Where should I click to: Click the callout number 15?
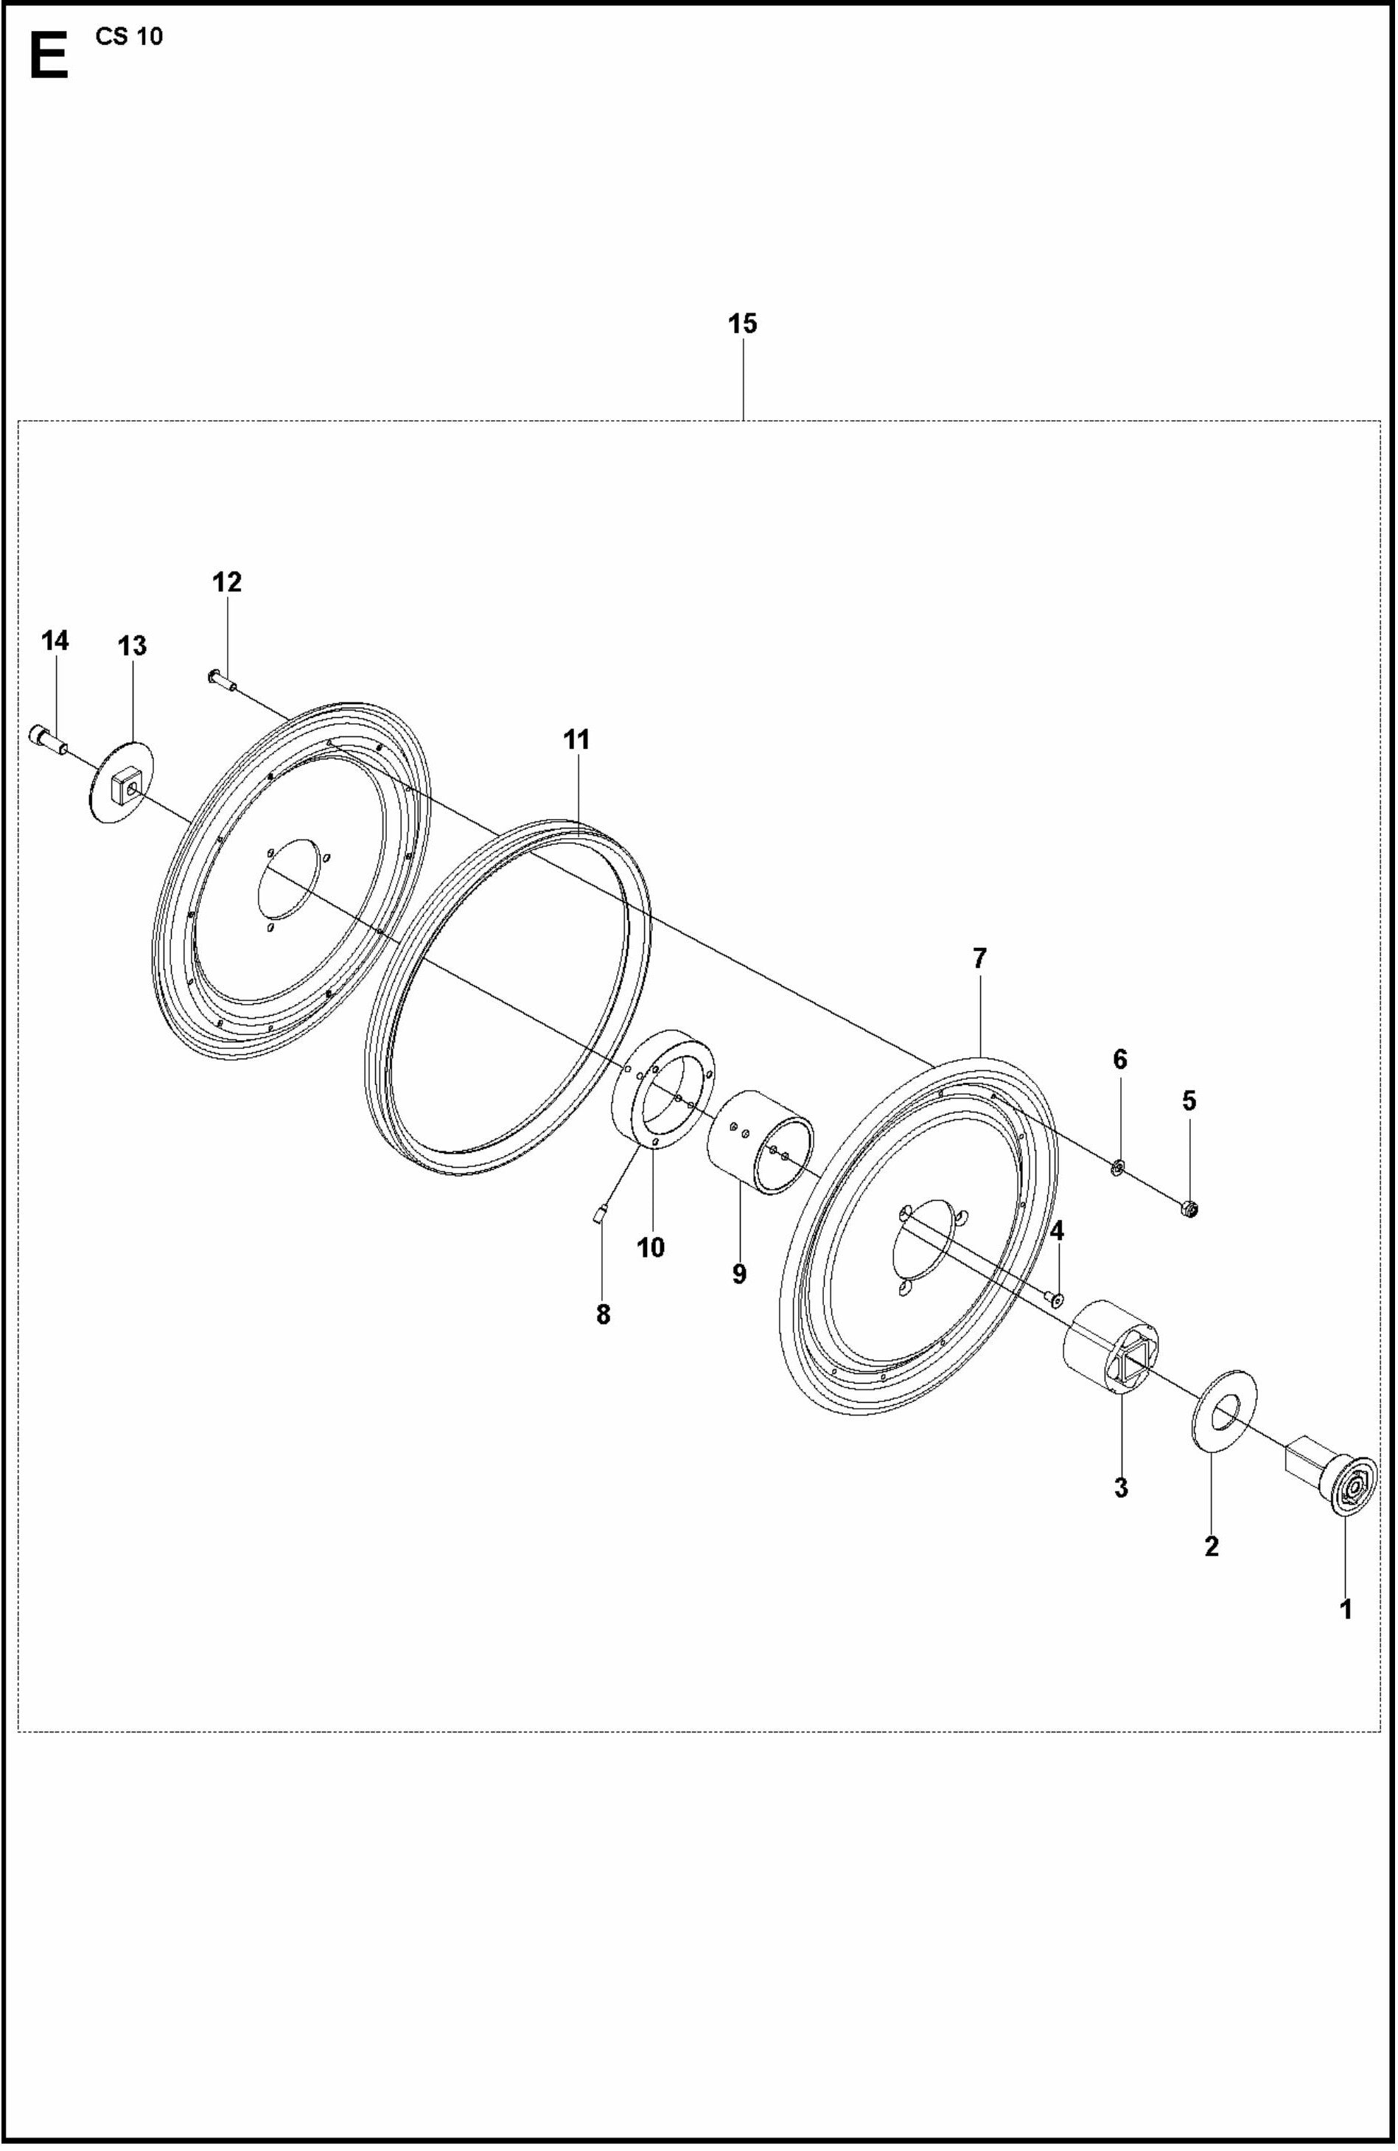tap(742, 324)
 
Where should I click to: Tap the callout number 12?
tap(227, 583)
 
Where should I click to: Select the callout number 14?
tap(55, 641)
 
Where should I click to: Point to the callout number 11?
tap(576, 739)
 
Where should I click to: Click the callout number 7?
tap(979, 958)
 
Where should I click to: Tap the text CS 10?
tap(128, 37)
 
